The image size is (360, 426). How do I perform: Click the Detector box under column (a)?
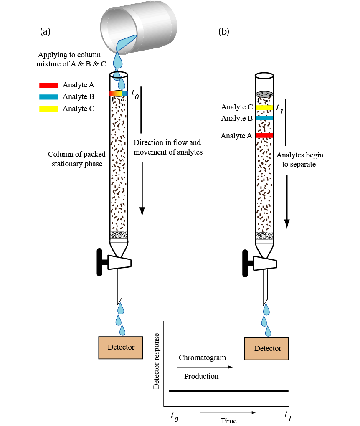point(121,347)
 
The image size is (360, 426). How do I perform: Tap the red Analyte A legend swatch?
point(48,85)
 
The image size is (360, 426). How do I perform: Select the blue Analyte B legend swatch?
point(48,97)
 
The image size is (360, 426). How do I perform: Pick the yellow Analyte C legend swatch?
point(48,109)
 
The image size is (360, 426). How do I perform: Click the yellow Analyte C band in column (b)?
point(264,107)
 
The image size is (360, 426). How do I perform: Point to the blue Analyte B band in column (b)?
point(264,118)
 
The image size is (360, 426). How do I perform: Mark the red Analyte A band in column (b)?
point(264,135)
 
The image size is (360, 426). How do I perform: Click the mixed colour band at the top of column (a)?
point(118,94)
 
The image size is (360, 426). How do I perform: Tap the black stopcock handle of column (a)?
point(100,262)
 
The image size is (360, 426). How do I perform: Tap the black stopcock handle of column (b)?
point(245,262)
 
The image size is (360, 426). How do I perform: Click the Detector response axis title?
point(157,361)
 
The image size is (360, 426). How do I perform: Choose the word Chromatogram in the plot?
point(202,358)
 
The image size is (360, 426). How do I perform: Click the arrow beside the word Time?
point(228,413)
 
